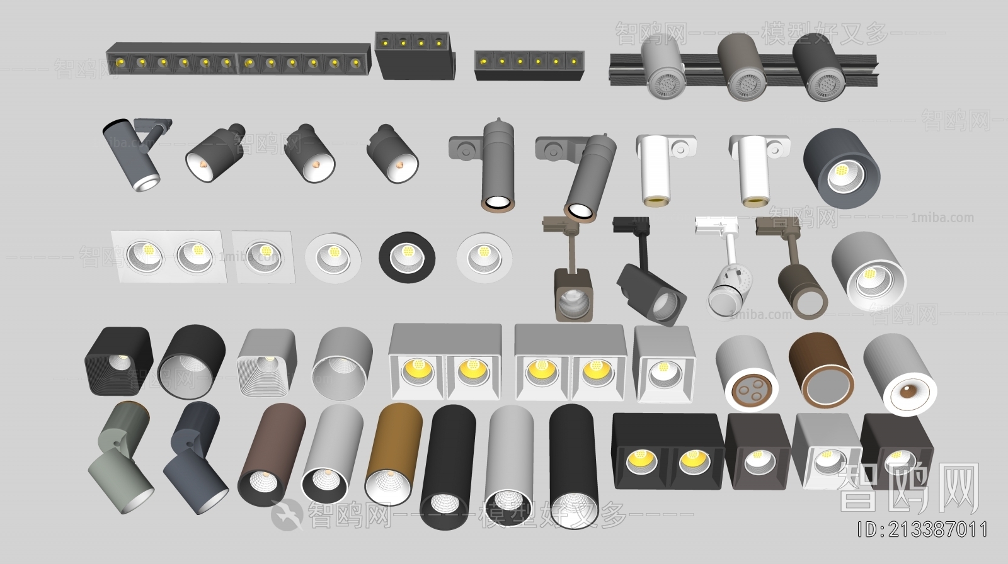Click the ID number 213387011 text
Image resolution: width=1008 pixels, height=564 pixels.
click(x=924, y=530)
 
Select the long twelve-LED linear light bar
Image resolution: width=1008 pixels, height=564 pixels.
click(x=238, y=61)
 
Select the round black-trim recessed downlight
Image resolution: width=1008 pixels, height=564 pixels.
click(x=406, y=256)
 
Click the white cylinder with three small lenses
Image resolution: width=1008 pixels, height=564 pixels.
click(x=747, y=374)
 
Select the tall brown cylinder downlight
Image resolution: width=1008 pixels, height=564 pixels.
click(x=271, y=454)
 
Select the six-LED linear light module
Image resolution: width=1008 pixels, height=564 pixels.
click(x=528, y=65)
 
